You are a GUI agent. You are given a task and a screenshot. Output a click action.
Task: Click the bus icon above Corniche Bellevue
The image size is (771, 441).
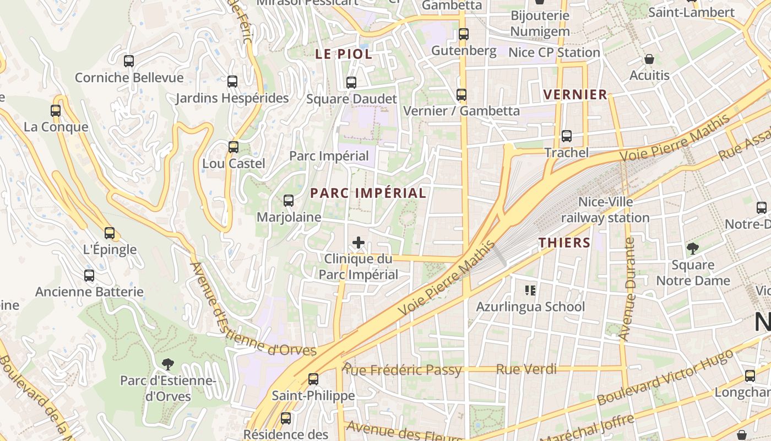click(129, 61)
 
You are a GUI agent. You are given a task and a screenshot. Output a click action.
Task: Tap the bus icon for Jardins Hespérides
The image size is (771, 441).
click(232, 82)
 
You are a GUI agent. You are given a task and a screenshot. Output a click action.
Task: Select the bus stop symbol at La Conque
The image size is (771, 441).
click(56, 110)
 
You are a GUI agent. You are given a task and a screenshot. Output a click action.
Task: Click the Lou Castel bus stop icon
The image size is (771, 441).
click(234, 147)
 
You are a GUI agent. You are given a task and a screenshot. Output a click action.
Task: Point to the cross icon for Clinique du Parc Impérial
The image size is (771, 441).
click(359, 242)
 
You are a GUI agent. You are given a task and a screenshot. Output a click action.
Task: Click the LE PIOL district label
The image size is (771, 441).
click(344, 54)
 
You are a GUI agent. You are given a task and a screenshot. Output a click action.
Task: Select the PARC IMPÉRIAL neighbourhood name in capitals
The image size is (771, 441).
click(368, 193)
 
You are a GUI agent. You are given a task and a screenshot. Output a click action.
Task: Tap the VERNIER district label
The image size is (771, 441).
click(575, 95)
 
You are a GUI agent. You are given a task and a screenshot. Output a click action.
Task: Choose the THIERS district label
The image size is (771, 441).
click(564, 243)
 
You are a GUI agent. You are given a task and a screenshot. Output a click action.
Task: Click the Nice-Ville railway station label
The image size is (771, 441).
click(605, 210)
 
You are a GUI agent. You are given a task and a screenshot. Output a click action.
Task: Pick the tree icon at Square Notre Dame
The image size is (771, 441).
click(693, 249)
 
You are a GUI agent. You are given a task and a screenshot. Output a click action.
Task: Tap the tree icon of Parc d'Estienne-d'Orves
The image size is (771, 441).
click(168, 364)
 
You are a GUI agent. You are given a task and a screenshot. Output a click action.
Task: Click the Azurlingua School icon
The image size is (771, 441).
click(530, 290)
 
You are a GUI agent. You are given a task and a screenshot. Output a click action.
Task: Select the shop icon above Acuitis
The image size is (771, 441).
click(649, 59)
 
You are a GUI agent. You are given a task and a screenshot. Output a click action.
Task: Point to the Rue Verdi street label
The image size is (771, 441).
click(526, 369)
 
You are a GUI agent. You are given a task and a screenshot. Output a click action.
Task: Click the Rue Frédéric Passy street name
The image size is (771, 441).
click(402, 369)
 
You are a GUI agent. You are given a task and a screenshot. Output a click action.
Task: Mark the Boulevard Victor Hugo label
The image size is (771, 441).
click(665, 378)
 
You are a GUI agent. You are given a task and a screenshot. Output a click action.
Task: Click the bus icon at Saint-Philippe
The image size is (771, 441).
click(313, 379)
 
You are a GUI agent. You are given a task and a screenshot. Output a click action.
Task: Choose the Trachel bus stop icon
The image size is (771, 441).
click(567, 136)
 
